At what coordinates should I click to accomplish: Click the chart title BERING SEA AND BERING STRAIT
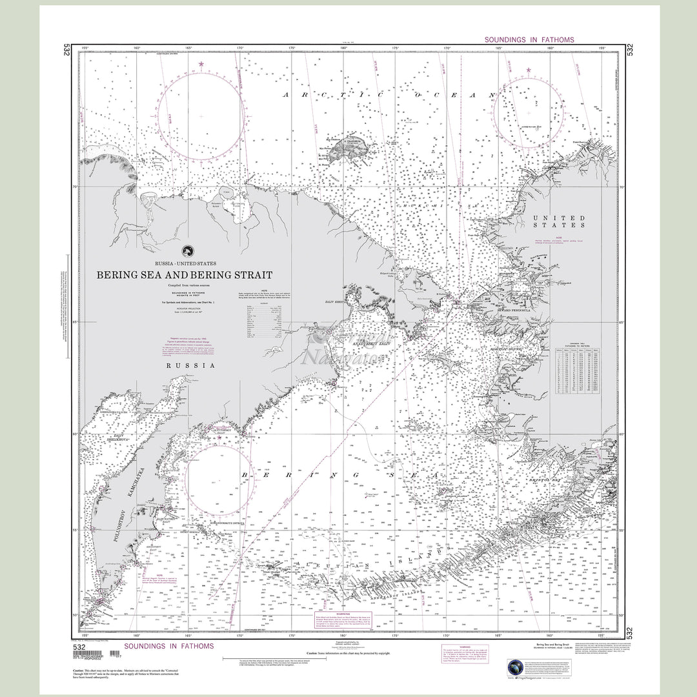pyautogui.click(x=185, y=275)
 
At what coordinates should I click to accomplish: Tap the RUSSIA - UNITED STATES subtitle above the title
pyautogui.click(x=185, y=263)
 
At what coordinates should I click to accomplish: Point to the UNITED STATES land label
pyautogui.click(x=559, y=222)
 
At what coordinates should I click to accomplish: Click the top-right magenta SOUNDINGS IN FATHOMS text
pyautogui.click(x=529, y=40)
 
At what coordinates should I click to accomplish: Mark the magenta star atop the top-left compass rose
pyautogui.click(x=201, y=64)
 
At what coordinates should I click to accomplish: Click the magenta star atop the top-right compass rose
pyautogui.click(x=529, y=70)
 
